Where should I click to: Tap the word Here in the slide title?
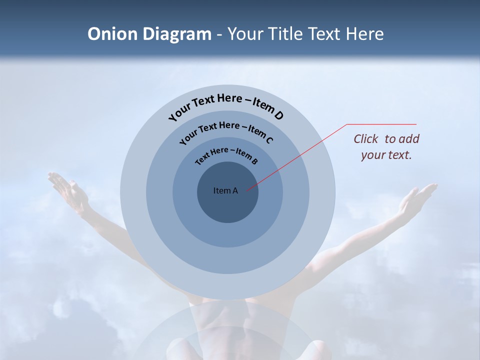point(363,34)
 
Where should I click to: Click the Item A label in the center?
point(225,190)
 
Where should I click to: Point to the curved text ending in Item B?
point(226,154)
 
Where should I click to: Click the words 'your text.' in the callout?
point(386,155)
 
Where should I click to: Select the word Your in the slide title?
point(246,34)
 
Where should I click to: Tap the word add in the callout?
point(410,139)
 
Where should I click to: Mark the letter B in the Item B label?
point(254,161)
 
